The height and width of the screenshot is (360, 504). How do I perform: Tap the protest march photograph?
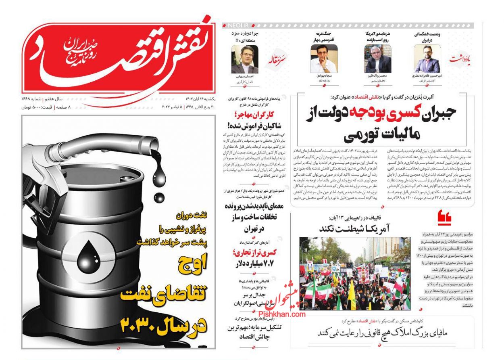coord(355,273)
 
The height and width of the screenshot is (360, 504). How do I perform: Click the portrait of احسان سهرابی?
coord(244,59)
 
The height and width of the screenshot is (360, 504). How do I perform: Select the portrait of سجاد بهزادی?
coord(324,59)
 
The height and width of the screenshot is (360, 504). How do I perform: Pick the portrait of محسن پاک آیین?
coord(377,59)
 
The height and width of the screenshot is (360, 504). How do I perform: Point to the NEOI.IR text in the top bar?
coord(234,25)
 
